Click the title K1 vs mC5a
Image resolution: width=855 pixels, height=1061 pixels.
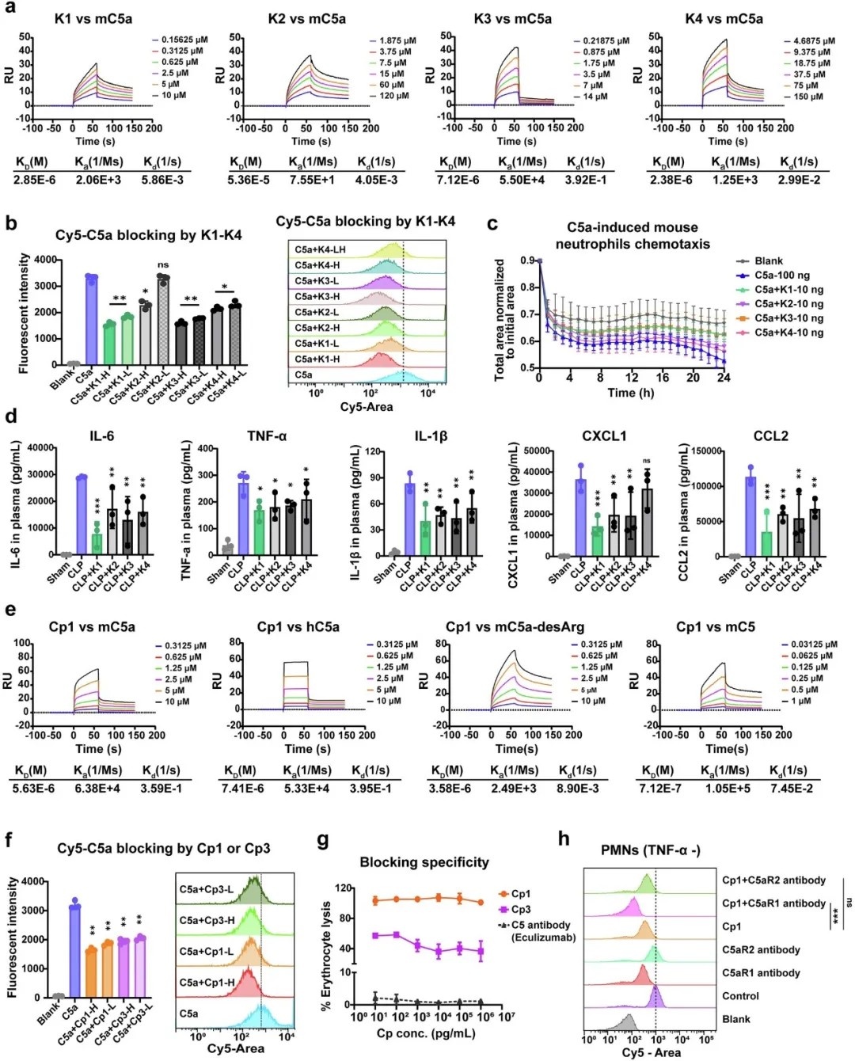point(93,18)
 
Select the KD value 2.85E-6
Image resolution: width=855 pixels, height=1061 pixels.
point(34,180)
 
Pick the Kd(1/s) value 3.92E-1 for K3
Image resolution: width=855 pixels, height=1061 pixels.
point(587,180)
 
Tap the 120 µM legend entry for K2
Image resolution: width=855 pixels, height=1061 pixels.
point(393,96)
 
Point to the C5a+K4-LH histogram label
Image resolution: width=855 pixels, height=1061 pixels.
point(320,249)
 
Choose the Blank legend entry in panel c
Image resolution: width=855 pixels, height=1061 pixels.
point(768,260)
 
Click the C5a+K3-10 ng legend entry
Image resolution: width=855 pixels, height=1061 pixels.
point(788,318)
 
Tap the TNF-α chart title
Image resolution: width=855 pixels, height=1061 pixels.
point(267,436)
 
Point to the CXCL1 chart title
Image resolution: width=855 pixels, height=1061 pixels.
point(604,436)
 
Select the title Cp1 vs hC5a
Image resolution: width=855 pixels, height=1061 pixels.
point(298,627)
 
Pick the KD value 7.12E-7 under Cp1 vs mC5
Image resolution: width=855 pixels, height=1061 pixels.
point(660,788)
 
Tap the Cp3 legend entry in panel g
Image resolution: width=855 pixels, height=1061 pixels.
point(520,910)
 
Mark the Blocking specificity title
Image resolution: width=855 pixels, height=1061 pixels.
point(424,862)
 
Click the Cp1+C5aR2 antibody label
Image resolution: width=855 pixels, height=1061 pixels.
point(773,880)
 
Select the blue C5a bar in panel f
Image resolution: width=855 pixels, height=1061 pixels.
point(75,949)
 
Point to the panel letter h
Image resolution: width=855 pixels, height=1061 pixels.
point(564,839)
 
